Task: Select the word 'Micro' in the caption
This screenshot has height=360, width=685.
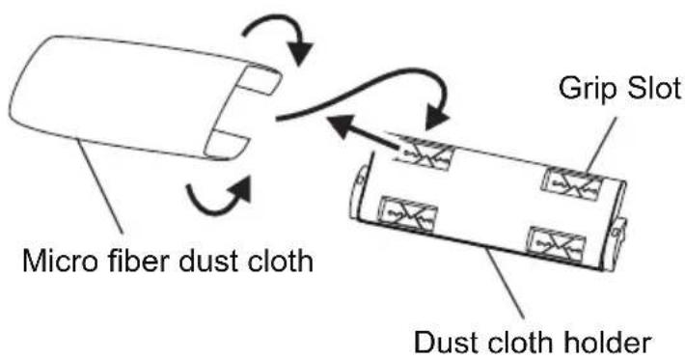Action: (x=56, y=261)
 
